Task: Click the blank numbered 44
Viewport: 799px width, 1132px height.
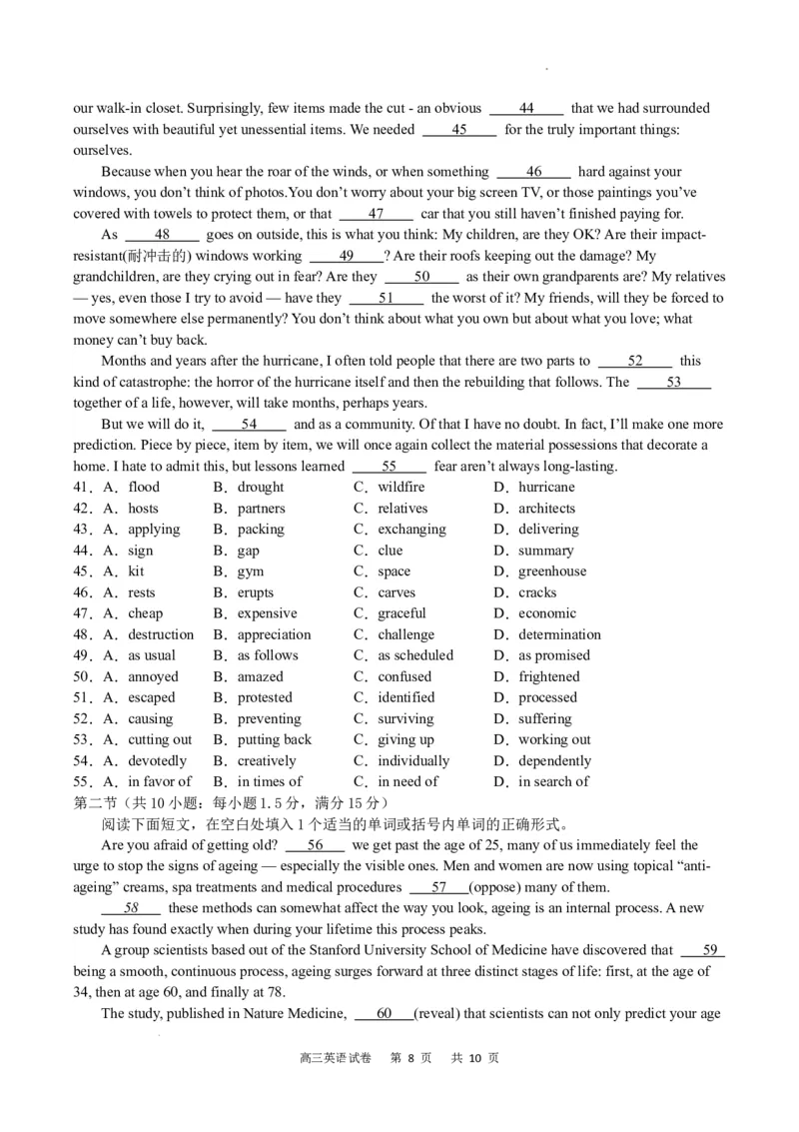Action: pos(526,108)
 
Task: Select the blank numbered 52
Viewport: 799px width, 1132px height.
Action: pos(635,361)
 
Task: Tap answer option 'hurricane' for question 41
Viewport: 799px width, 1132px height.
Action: pos(546,488)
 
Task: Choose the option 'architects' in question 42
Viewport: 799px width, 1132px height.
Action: pos(546,509)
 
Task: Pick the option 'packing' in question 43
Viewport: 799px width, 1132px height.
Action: pos(261,530)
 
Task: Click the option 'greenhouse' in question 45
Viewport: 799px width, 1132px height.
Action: pos(552,571)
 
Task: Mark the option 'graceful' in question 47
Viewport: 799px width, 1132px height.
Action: pos(401,613)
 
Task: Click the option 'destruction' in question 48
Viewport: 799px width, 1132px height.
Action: pos(161,634)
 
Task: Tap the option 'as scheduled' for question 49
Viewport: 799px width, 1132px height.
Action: pos(415,655)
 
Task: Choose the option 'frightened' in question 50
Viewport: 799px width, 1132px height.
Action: pos(548,676)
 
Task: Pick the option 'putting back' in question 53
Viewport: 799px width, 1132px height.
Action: pos(275,739)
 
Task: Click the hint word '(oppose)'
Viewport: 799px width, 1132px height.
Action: pos(494,887)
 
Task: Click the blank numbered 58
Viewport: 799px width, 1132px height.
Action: pos(131,908)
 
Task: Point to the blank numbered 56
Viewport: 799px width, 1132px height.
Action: pos(315,845)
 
